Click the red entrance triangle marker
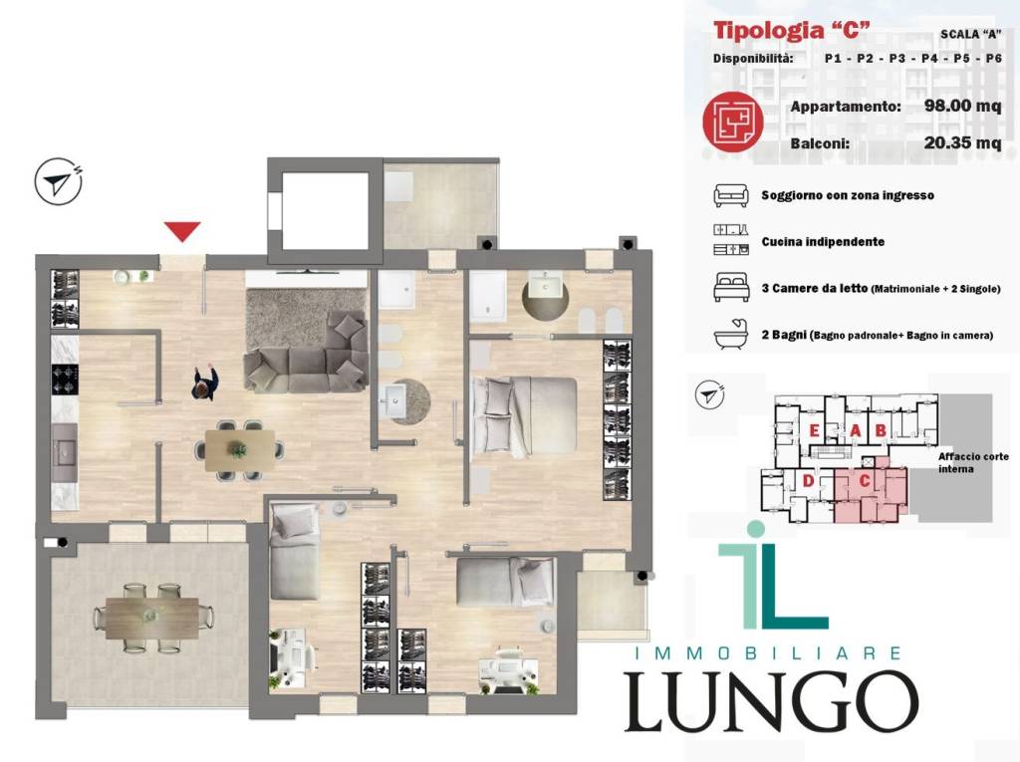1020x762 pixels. point(182,231)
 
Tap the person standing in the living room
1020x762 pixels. point(205,381)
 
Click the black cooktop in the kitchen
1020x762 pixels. point(65,380)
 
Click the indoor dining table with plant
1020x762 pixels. point(239,450)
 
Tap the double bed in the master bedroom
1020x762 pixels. point(524,416)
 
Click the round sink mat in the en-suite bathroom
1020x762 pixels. point(546,296)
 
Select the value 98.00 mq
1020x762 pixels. point(962,106)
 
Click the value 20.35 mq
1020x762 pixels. point(962,142)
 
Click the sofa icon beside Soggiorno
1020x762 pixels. point(731,195)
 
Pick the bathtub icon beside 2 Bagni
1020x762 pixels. point(731,335)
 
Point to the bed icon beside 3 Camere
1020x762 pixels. point(731,288)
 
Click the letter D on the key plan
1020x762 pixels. point(809,481)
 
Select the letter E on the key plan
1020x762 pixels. point(813,430)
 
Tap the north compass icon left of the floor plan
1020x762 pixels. point(58,181)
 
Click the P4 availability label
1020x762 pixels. point(929,59)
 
